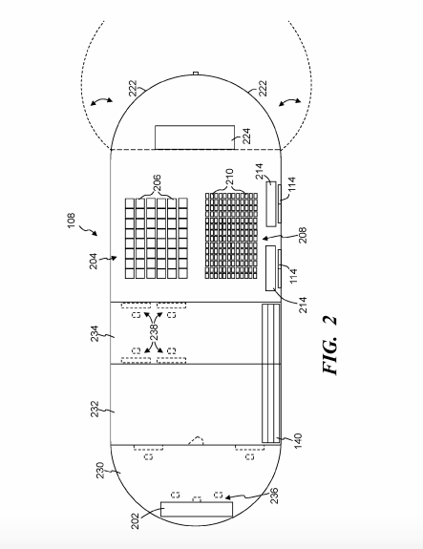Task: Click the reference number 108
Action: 71,221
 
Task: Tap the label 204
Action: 94,261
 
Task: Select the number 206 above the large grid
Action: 158,182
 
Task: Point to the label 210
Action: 229,178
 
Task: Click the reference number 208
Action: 303,235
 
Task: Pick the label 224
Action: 246,136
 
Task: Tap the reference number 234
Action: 95,333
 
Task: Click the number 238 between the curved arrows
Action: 154,332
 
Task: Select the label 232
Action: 95,409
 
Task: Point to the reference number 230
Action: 100,470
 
